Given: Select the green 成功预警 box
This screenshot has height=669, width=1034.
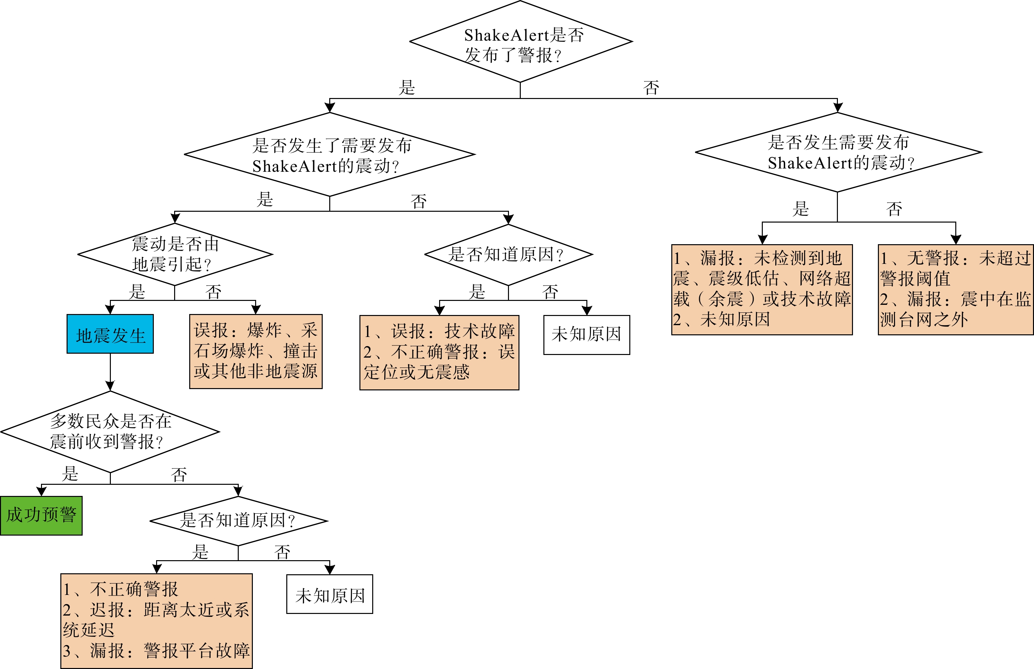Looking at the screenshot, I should pos(41,515).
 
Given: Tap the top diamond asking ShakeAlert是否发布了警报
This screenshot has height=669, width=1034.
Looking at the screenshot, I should pos(520,42).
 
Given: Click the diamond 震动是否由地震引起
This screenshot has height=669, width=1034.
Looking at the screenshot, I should pos(175,254).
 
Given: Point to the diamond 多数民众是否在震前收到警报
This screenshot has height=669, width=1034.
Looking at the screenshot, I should pos(110,432).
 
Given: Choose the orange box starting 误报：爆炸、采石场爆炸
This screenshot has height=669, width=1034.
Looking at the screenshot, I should pos(256,351).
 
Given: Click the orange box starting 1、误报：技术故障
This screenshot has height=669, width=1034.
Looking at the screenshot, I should pos(439,352).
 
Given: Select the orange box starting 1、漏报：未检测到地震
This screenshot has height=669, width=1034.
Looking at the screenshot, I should pos(762,289).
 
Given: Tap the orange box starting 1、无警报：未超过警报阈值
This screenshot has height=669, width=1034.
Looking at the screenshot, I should pos(955,289).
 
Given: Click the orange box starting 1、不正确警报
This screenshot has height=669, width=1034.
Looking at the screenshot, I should pos(156,621).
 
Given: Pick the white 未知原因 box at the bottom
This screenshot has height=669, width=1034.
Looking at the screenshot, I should pos(330,594).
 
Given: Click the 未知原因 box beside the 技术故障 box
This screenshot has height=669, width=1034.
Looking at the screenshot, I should pos(586,335).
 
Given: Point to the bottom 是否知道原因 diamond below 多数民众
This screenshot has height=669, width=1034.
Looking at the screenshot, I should pos(238,521).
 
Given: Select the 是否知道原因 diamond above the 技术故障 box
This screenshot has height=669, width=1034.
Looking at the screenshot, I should pos(508,255).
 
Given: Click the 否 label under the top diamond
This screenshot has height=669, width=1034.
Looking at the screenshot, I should pos(651,88).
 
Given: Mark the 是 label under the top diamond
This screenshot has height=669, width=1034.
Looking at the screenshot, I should pos(407,88).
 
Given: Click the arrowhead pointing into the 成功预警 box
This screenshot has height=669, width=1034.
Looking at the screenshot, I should pos(41,491).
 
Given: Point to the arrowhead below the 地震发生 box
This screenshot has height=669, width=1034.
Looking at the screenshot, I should pos(110,386).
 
